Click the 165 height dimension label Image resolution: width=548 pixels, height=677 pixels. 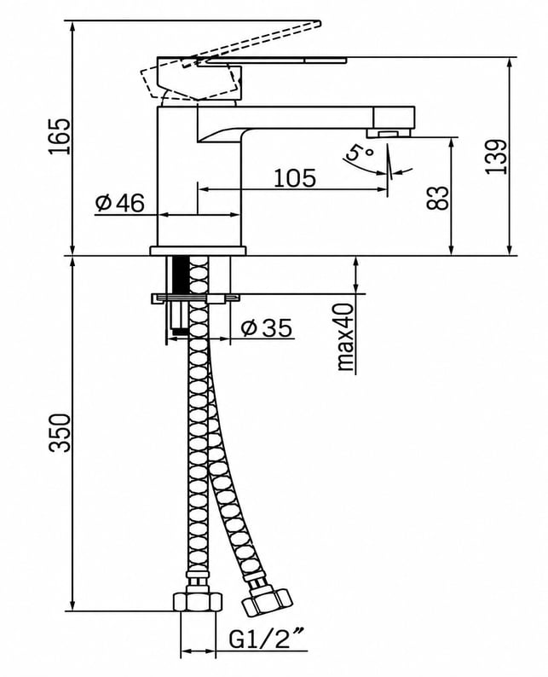59,136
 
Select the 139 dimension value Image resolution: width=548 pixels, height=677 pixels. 496,157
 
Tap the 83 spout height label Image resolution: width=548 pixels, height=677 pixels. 437,198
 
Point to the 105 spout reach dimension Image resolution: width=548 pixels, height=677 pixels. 295,178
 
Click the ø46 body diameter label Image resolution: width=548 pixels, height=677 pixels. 120,203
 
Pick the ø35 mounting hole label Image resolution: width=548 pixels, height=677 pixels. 267,328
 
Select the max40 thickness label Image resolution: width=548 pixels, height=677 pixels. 346,337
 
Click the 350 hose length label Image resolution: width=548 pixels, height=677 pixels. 59,433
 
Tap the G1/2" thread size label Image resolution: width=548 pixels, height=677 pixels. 266,639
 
